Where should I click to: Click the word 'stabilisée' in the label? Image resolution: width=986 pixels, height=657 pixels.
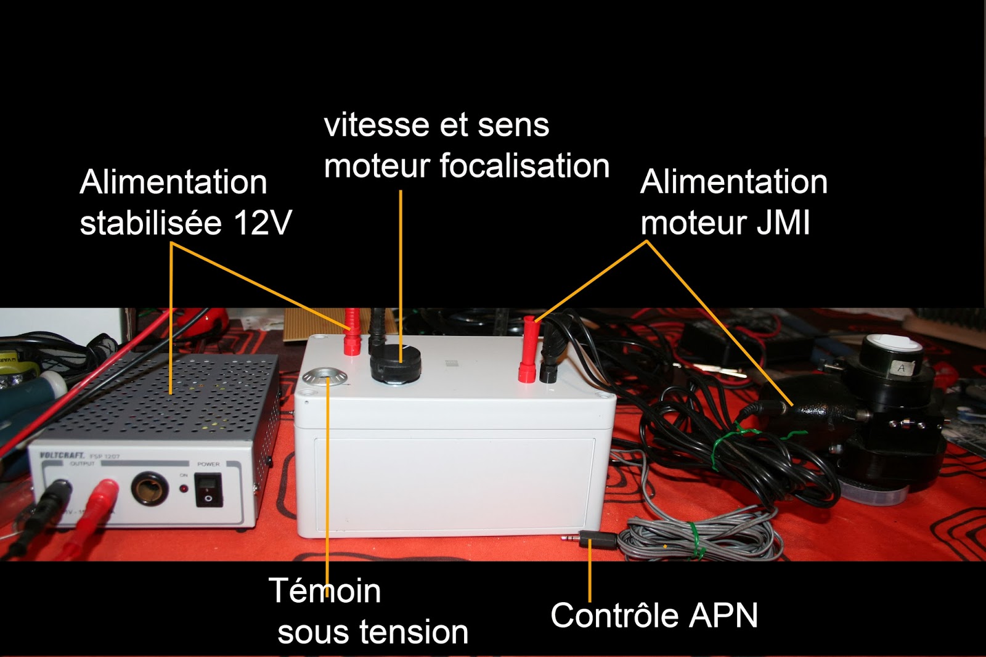[x=150, y=223]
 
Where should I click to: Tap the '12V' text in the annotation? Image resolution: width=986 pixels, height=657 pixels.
[x=263, y=223]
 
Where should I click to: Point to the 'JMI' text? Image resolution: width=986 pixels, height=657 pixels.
[x=783, y=223]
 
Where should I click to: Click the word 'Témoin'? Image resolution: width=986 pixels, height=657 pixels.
[x=325, y=591]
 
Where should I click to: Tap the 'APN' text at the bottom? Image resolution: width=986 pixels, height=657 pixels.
[x=724, y=616]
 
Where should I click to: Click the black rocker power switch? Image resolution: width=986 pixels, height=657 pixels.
[x=208, y=490]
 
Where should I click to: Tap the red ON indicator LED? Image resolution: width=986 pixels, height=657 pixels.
[x=184, y=489]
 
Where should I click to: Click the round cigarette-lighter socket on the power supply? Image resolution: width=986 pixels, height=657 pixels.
[x=150, y=490]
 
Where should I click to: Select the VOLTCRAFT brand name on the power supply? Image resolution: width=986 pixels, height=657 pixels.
[x=62, y=455]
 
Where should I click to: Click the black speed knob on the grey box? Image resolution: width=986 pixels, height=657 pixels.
[x=395, y=365]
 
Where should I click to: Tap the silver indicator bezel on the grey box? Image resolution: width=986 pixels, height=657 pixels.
[x=324, y=377]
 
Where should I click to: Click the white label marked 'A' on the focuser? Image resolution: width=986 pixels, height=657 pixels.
[x=901, y=368]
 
